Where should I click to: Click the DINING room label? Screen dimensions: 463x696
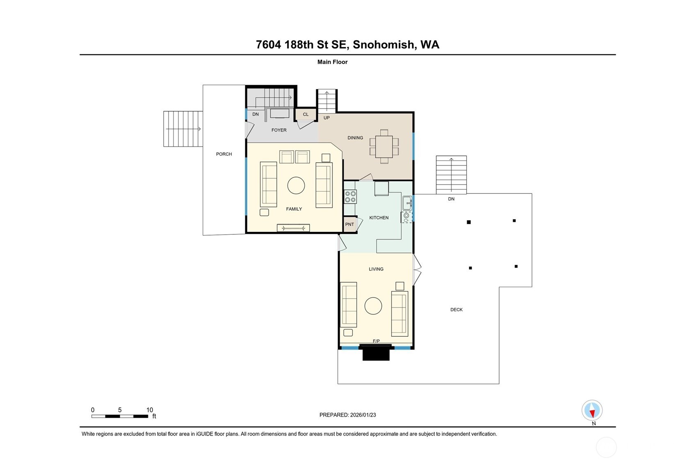(x=355, y=138)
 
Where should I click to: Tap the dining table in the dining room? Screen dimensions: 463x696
(x=384, y=147)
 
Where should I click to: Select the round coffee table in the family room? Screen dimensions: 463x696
(x=296, y=185)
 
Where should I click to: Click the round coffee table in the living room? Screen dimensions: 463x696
(x=373, y=306)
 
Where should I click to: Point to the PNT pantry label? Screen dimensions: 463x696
(x=349, y=224)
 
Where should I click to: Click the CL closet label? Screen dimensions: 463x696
(x=306, y=114)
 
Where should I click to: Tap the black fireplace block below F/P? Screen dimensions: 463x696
(x=376, y=352)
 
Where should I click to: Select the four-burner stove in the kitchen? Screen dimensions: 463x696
(x=350, y=197)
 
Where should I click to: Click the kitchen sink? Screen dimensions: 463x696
(x=407, y=203)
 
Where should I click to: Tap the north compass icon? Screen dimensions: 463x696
(x=592, y=410)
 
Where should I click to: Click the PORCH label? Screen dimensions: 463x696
(x=224, y=154)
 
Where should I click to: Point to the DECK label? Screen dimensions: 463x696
(x=456, y=310)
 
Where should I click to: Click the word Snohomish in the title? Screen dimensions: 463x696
(x=383, y=45)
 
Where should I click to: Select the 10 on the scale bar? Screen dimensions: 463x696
(x=150, y=410)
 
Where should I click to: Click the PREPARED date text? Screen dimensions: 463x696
(x=347, y=415)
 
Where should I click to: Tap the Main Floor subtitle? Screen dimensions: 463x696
(x=332, y=62)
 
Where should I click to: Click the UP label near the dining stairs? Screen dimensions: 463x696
(x=326, y=118)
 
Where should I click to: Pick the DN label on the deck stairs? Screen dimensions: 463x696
(x=451, y=199)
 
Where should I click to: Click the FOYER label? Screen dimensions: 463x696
(x=279, y=130)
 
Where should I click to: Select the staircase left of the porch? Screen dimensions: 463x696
(x=183, y=129)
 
